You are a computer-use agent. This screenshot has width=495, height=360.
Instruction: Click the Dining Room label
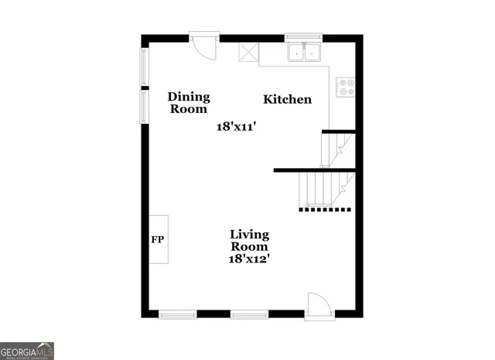189,103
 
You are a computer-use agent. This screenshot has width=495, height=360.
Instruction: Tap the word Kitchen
288,99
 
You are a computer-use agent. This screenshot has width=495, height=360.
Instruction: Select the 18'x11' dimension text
236,126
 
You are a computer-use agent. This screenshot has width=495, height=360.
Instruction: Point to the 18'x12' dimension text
249,259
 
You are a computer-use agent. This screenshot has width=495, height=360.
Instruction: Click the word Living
249,234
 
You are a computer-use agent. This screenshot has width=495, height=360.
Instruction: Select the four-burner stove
346,87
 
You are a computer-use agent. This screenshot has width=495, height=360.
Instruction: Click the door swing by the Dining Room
206,46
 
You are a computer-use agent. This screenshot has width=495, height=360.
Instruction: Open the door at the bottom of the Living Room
318,305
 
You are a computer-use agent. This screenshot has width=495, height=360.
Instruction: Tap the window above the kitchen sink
304,36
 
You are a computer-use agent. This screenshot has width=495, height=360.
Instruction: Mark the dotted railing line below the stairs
326,208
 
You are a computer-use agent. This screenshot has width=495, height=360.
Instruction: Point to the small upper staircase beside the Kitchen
337,149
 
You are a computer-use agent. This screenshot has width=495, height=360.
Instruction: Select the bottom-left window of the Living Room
178,314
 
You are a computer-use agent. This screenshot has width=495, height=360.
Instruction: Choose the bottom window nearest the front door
249,314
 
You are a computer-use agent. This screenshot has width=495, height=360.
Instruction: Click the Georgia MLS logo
27,350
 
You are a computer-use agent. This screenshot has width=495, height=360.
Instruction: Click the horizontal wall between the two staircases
314,170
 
